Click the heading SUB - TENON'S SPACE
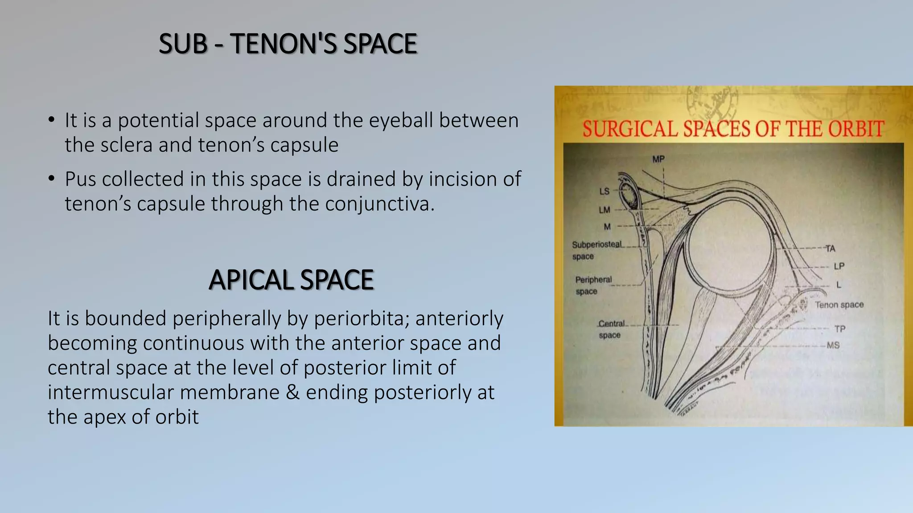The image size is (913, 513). (288, 44)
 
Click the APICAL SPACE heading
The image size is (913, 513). (291, 280)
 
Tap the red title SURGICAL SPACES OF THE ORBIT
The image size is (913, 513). (733, 129)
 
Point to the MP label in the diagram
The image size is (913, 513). (658, 159)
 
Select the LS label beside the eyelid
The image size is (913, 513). (604, 191)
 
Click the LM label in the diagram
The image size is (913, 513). (604, 210)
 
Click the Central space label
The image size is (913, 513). (611, 329)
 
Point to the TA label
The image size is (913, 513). (830, 248)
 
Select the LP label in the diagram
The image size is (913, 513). (839, 266)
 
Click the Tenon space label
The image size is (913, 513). (839, 305)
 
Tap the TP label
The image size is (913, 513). (840, 329)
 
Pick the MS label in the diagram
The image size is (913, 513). (833, 345)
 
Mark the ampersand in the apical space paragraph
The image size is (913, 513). (292, 393)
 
